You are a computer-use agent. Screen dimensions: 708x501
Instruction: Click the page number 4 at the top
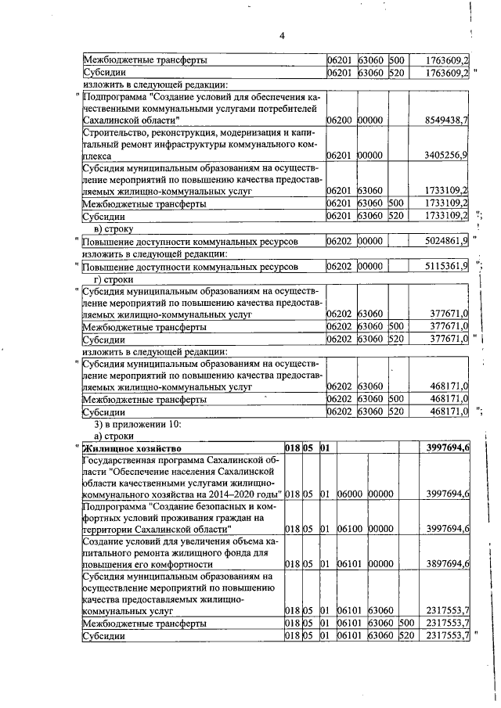[x=283, y=35]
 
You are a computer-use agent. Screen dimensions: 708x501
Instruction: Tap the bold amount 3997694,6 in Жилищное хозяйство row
[x=447, y=448]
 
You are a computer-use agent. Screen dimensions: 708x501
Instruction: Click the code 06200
[x=338, y=120]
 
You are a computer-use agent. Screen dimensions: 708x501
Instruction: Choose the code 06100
[x=349, y=529]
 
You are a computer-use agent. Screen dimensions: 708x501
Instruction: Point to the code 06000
[x=349, y=494]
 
